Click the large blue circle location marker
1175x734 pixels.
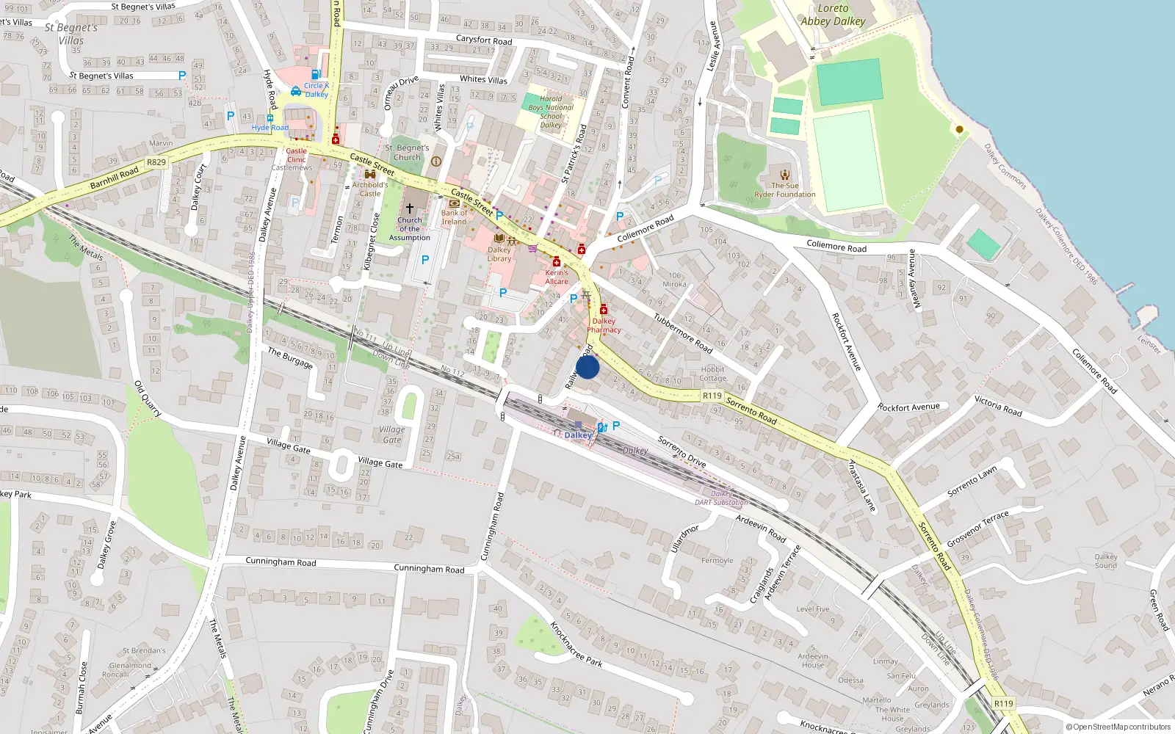[587, 367]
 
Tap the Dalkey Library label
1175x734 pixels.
[499, 254]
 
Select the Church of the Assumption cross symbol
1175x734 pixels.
[410, 208]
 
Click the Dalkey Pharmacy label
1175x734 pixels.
[604, 325]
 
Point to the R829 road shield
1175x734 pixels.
[156, 162]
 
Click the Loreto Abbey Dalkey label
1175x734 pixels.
[833, 15]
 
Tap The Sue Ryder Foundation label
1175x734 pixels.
[784, 190]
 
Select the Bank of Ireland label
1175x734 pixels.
[454, 217]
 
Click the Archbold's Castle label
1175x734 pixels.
[369, 189]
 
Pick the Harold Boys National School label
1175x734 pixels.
[551, 112]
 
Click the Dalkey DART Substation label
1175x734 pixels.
[721, 498]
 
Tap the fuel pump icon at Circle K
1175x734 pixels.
[316, 74]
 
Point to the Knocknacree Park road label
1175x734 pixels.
[576, 644]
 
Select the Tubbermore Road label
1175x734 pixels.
[683, 333]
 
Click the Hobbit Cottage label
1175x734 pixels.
[712, 374]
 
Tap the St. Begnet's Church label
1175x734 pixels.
[407, 152]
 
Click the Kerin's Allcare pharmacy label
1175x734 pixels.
[557, 277]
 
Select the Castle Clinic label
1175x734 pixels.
[297, 155]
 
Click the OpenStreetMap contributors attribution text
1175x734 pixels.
[1118, 727]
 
